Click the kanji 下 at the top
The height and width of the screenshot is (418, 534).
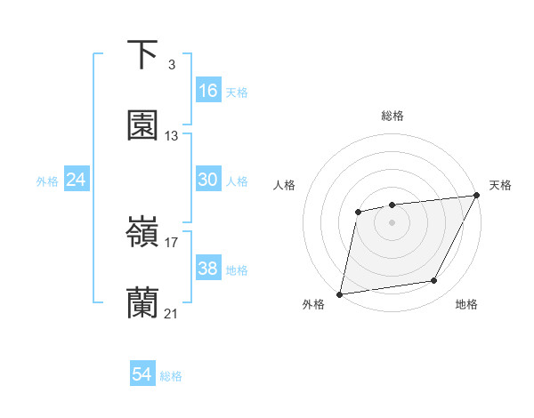(142, 55)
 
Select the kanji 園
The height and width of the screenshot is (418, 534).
(142, 125)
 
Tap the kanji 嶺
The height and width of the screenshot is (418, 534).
(142, 234)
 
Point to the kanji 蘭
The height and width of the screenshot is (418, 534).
(142, 303)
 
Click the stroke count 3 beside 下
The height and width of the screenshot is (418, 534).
(171, 65)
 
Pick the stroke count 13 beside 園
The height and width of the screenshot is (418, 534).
(172, 136)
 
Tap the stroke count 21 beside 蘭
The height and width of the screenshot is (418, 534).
(172, 314)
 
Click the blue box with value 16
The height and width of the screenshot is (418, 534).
(208, 91)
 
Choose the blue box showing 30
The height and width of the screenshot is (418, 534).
(208, 180)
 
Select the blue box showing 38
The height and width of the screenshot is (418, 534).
(208, 269)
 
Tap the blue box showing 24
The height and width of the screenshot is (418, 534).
(77, 180)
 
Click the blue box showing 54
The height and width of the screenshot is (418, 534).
(142, 374)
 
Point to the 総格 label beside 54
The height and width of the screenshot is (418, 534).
(172, 376)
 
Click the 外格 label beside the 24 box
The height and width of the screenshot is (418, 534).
(47, 181)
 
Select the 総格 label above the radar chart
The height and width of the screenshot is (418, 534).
(392, 116)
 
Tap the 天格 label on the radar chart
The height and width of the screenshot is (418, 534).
(500, 185)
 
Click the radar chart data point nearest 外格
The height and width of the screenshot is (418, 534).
(340, 293)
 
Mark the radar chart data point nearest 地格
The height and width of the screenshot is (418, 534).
(434, 281)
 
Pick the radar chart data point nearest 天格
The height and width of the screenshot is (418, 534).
(476, 196)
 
